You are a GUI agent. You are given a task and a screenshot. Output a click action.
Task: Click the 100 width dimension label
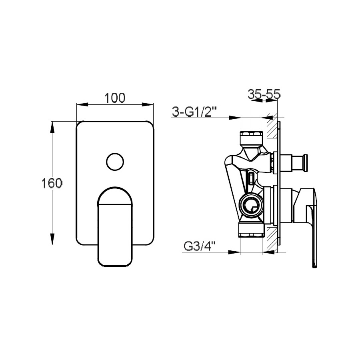pyautogui.click(x=115, y=98)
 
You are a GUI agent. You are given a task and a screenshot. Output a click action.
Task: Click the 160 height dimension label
pyautogui.click(x=52, y=183)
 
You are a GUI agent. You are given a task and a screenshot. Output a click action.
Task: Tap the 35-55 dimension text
pyautogui.click(x=264, y=94)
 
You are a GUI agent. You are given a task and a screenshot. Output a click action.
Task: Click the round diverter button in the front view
pyautogui.click(x=115, y=162)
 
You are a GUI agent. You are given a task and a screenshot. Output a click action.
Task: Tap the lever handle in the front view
pyautogui.click(x=115, y=226)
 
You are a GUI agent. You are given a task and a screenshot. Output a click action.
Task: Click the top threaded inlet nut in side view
pyautogui.click(x=251, y=134)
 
